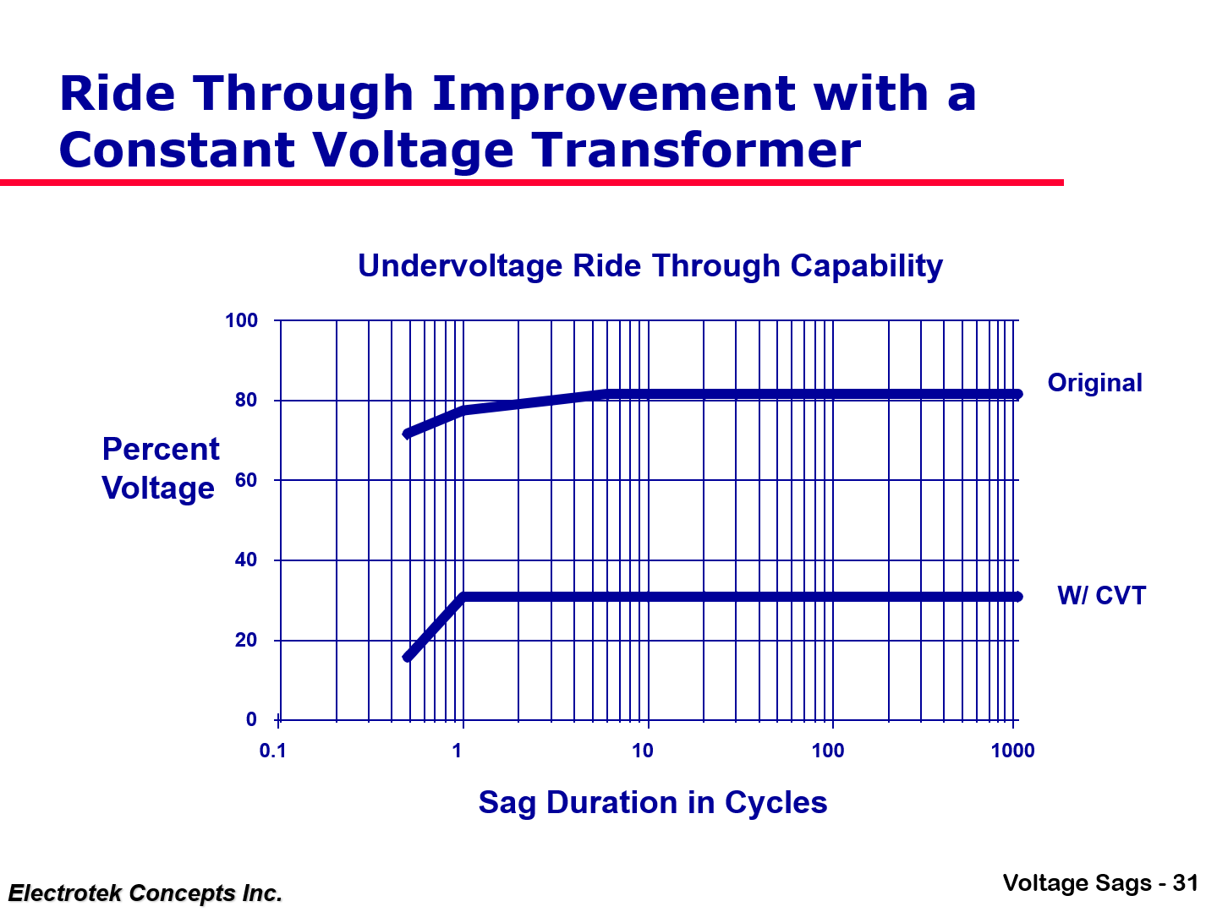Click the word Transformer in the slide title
[696, 150]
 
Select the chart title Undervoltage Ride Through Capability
[650, 265]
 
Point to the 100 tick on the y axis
[241, 320]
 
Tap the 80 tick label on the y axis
[246, 400]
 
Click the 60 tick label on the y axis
[246, 480]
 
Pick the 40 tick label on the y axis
[246, 560]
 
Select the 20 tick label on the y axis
[246, 640]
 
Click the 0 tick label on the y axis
[251, 719]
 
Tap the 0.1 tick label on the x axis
[273, 751]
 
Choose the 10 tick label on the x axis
[643, 751]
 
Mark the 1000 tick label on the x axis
[1012, 751]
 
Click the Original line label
[1094, 383]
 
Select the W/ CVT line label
[1101, 596]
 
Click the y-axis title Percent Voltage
[160, 468]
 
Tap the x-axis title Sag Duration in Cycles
[652, 802]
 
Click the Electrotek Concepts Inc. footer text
[145, 893]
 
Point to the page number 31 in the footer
[1185, 883]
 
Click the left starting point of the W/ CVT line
[407, 658]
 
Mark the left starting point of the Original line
[407, 434]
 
